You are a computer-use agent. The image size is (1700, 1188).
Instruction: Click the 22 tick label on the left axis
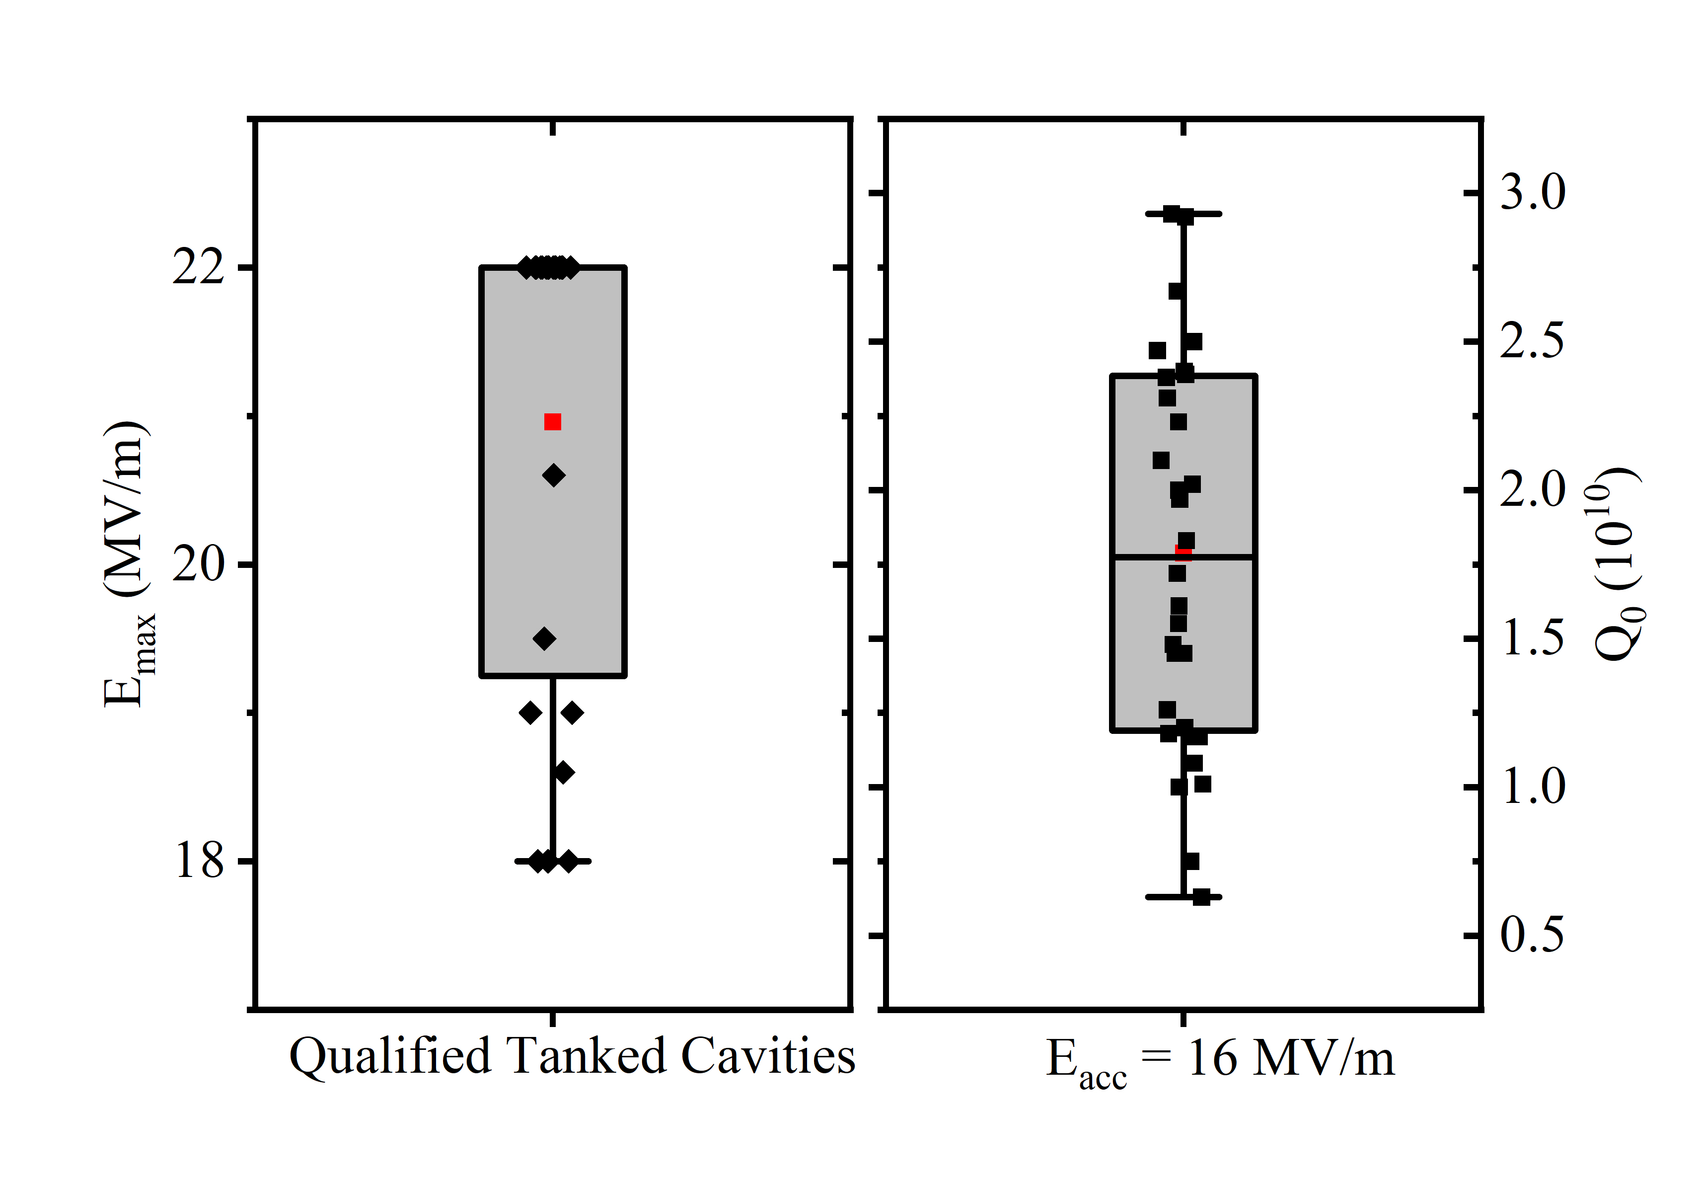(199, 267)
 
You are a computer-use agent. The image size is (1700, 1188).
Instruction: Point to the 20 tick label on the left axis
(199, 565)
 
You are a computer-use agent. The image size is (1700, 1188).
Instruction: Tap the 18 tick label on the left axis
(199, 862)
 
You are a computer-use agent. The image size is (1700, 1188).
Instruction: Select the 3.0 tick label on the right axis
(1533, 193)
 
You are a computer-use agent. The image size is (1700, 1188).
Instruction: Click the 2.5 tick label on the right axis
(1533, 341)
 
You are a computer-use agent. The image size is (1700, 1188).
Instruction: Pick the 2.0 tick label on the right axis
(1533, 489)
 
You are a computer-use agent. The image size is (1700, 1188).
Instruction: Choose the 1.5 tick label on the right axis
(1533, 638)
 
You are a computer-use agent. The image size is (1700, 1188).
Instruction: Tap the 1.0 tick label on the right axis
(1533, 787)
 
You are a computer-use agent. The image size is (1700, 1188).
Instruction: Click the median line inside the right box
(1222, 556)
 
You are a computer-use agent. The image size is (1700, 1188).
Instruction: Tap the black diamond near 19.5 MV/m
(544, 638)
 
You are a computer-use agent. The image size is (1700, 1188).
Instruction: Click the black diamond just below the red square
(553, 475)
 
